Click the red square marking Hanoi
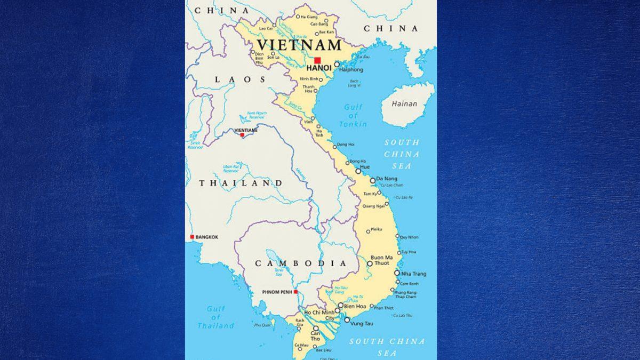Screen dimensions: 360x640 pyautogui.click(x=317, y=60)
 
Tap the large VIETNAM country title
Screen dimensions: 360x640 pyautogui.click(x=299, y=45)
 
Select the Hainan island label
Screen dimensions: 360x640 pyautogui.click(x=404, y=103)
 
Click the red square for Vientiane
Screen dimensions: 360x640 pyautogui.click(x=242, y=135)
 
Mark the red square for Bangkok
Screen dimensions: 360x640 pyautogui.click(x=192, y=237)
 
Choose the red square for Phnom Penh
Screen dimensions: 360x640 pyautogui.click(x=295, y=292)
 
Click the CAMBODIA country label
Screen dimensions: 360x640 pyautogui.click(x=301, y=263)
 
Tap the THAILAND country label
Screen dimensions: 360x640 pyautogui.click(x=241, y=183)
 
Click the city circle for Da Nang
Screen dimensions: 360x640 pyautogui.click(x=373, y=180)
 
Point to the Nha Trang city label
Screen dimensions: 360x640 pyautogui.click(x=414, y=274)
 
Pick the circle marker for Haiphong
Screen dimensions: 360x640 pyautogui.click(x=337, y=64)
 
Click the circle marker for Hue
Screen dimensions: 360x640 pyautogui.click(x=358, y=171)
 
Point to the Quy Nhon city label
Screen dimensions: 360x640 pyautogui.click(x=409, y=237)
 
